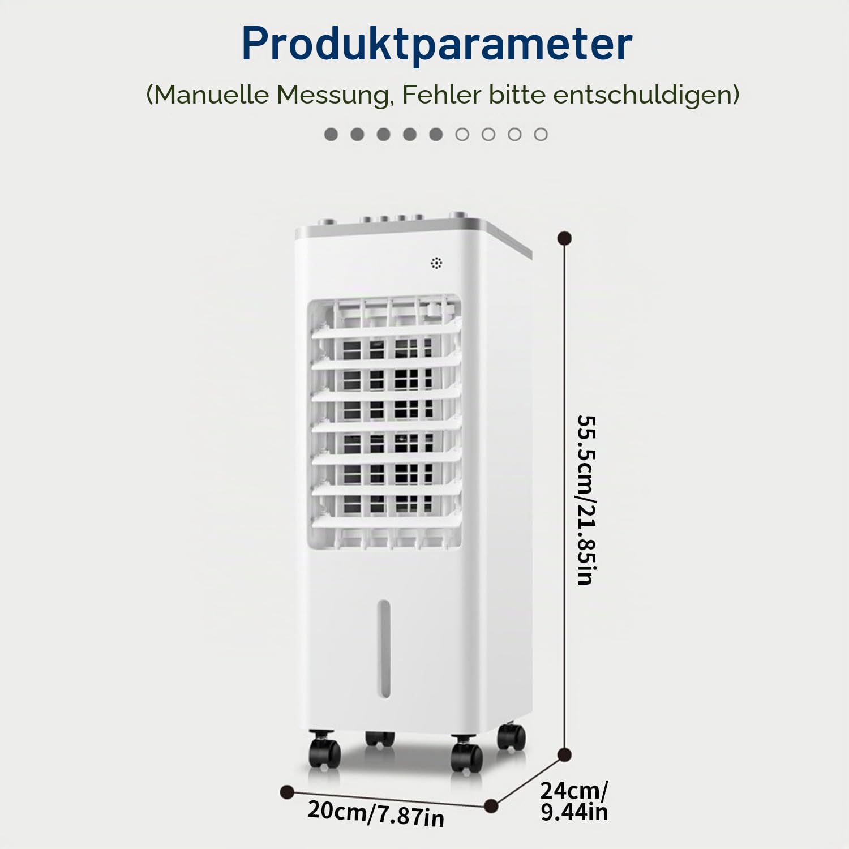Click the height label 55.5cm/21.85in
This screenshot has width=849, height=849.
(x=587, y=500)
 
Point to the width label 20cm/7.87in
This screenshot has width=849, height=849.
(x=376, y=814)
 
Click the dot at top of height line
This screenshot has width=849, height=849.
(x=564, y=238)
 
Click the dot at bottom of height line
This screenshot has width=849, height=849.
(x=564, y=754)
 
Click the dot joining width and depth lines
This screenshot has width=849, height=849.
(x=491, y=805)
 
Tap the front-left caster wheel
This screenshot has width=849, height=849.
(x=324, y=750)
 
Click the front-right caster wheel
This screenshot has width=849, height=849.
(x=466, y=754)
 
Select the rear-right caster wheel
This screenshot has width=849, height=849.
(x=511, y=736)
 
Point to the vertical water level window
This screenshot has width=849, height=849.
(x=384, y=649)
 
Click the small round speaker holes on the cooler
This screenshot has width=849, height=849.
(x=436, y=263)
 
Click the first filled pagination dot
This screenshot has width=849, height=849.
(x=331, y=134)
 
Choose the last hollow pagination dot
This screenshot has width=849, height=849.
(x=541, y=134)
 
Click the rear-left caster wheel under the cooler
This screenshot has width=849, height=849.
(x=379, y=738)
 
